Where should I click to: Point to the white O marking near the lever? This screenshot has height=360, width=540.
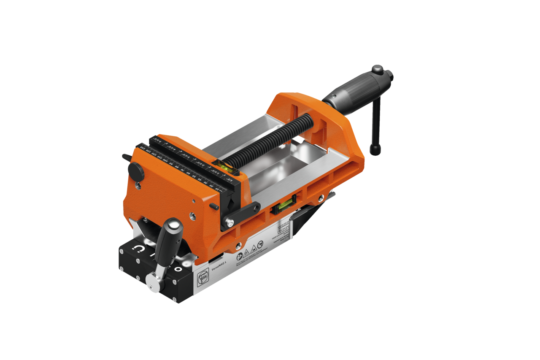[x=178, y=268]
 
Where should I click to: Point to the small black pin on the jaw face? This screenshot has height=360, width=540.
[x=214, y=207]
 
